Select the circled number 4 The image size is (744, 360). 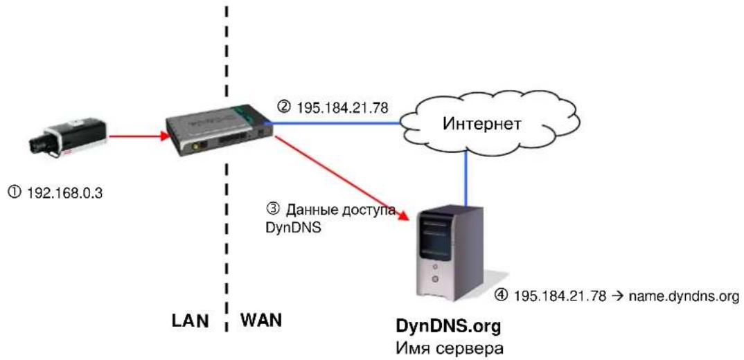[x=501, y=296]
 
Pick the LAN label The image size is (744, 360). [x=191, y=321]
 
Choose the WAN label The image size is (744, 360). [x=260, y=321]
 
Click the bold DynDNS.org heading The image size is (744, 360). [x=448, y=327]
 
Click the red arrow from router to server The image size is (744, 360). [x=342, y=178]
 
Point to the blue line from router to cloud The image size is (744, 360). [x=335, y=123]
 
